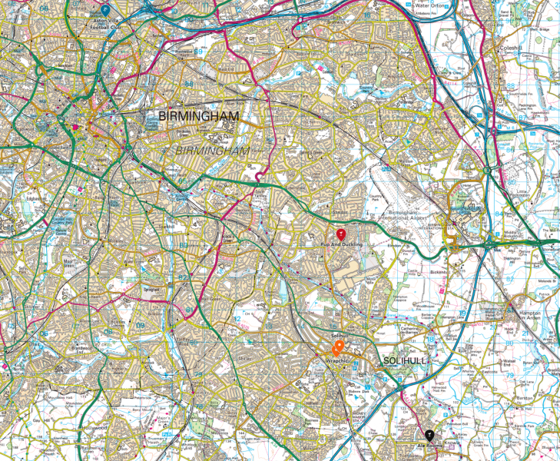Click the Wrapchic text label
pyautogui.click(x=338, y=359)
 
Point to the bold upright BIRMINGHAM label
pyautogui.click(x=198, y=117)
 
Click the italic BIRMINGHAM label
pyautogui.click(x=214, y=150)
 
